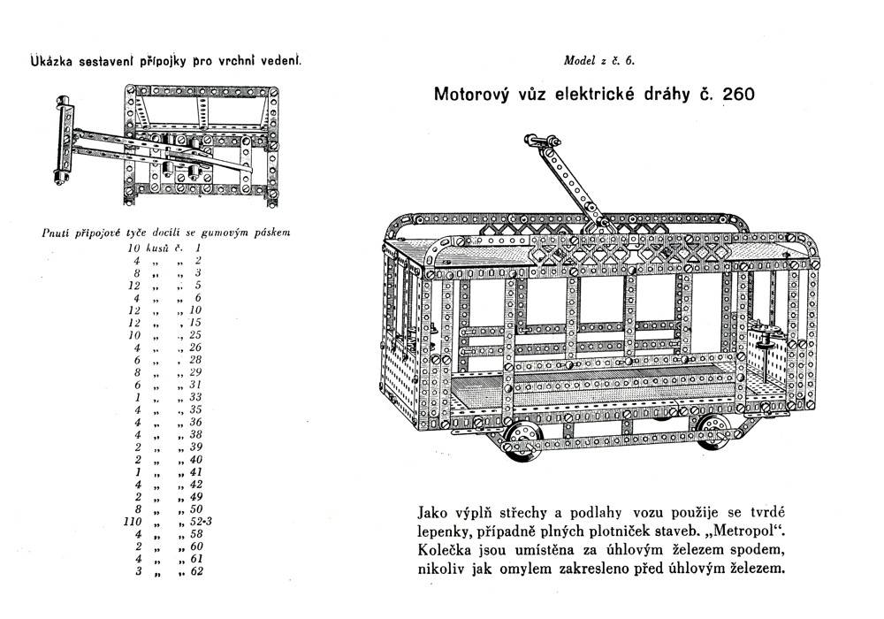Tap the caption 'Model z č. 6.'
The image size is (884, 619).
coord(598,61)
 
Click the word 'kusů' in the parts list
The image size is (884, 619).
coord(162,248)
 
